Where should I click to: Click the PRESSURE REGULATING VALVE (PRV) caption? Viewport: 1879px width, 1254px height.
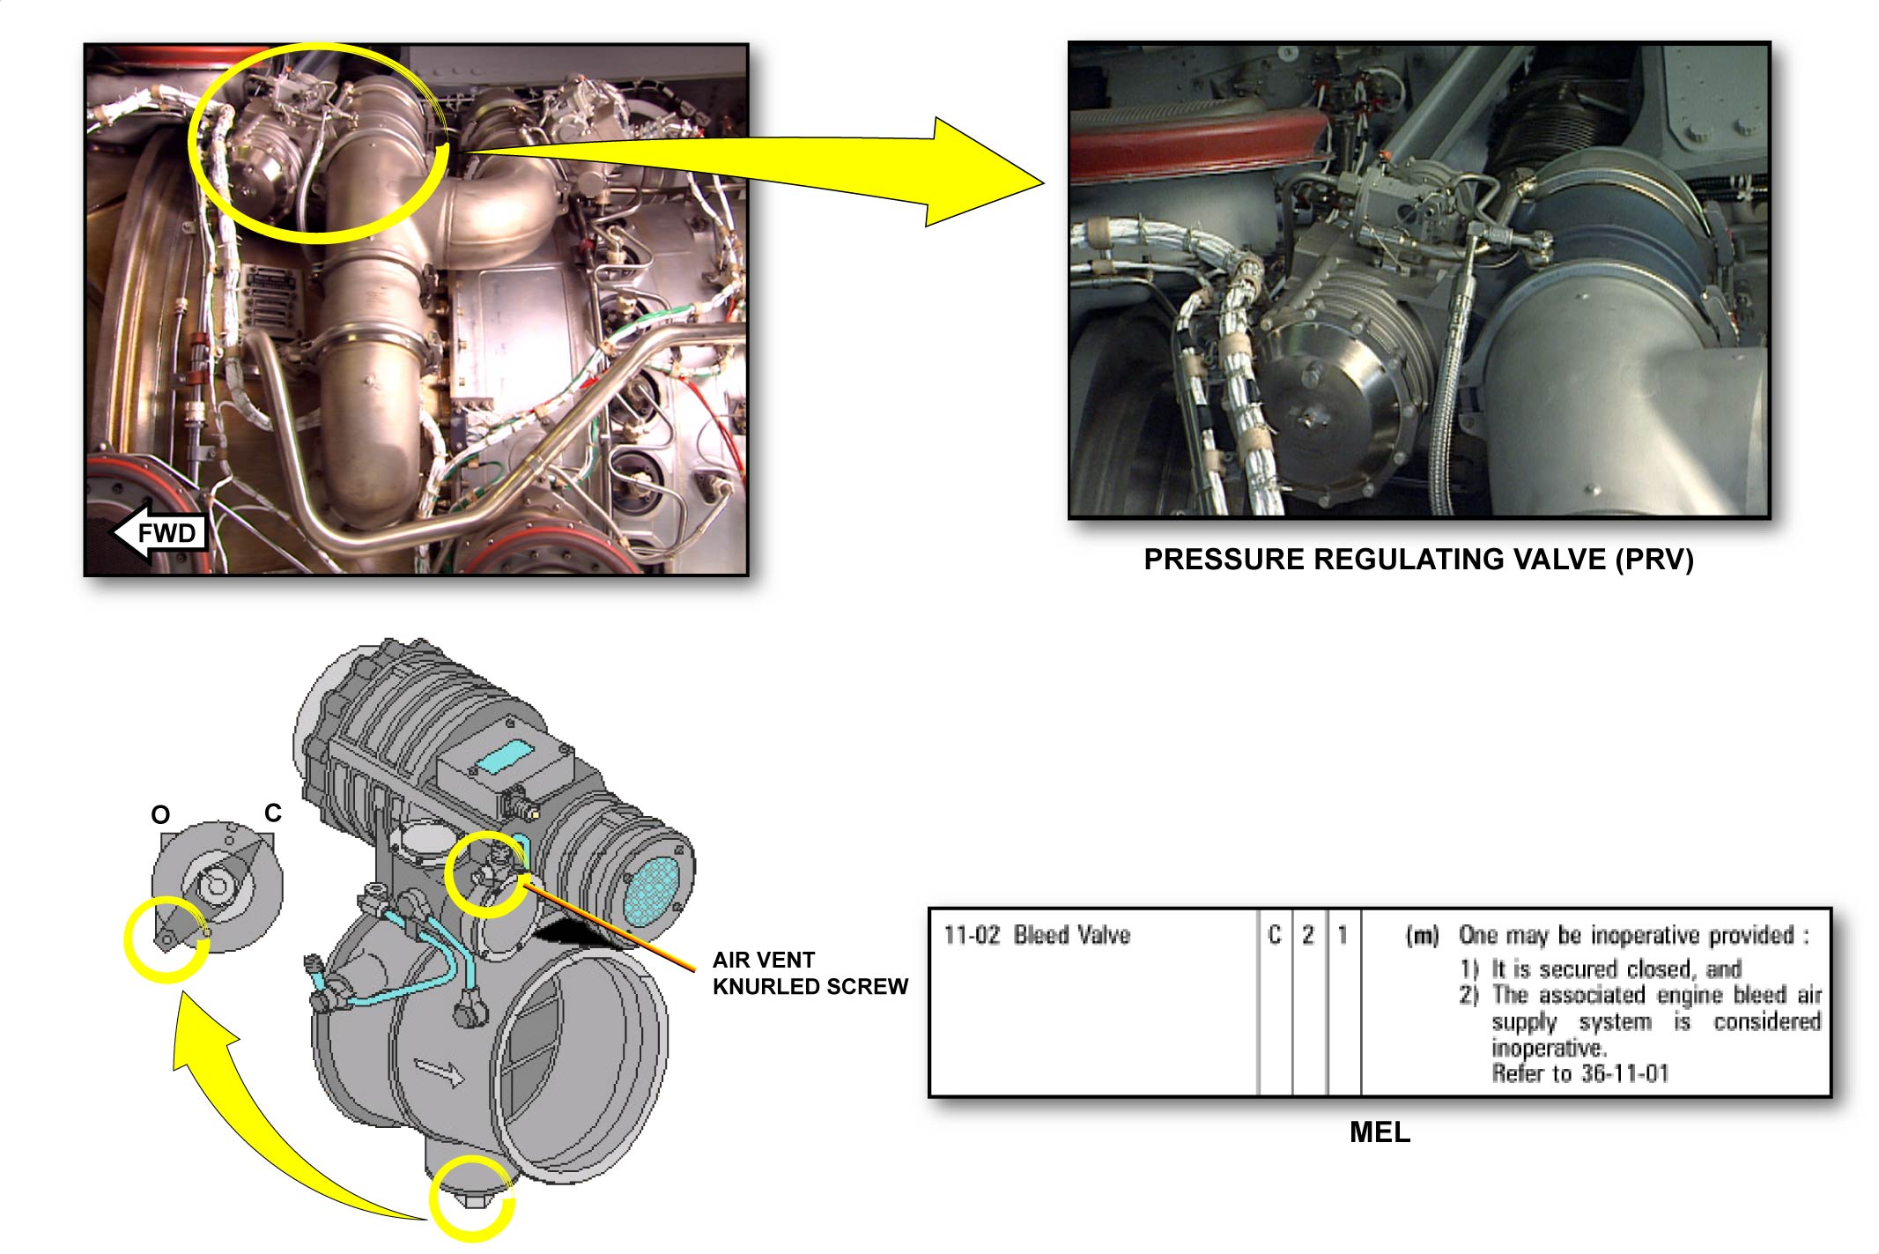point(1418,560)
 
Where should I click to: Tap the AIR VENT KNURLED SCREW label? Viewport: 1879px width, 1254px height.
point(810,973)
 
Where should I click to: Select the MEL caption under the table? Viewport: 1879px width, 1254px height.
point(1380,1132)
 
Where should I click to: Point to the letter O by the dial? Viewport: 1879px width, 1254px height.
point(160,814)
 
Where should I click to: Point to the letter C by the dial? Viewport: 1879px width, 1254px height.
point(273,813)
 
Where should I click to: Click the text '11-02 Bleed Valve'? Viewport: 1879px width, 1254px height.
point(1037,934)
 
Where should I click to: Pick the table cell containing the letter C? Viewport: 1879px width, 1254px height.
point(1275,1002)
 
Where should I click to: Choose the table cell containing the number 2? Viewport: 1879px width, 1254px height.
point(1309,1002)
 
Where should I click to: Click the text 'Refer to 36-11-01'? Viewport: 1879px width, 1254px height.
point(1580,1073)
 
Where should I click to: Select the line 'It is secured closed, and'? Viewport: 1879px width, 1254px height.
point(1616,969)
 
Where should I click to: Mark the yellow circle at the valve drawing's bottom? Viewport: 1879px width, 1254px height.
point(472,1198)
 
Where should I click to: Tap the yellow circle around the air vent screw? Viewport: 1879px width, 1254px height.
point(487,874)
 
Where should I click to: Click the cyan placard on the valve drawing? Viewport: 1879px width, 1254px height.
point(504,757)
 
